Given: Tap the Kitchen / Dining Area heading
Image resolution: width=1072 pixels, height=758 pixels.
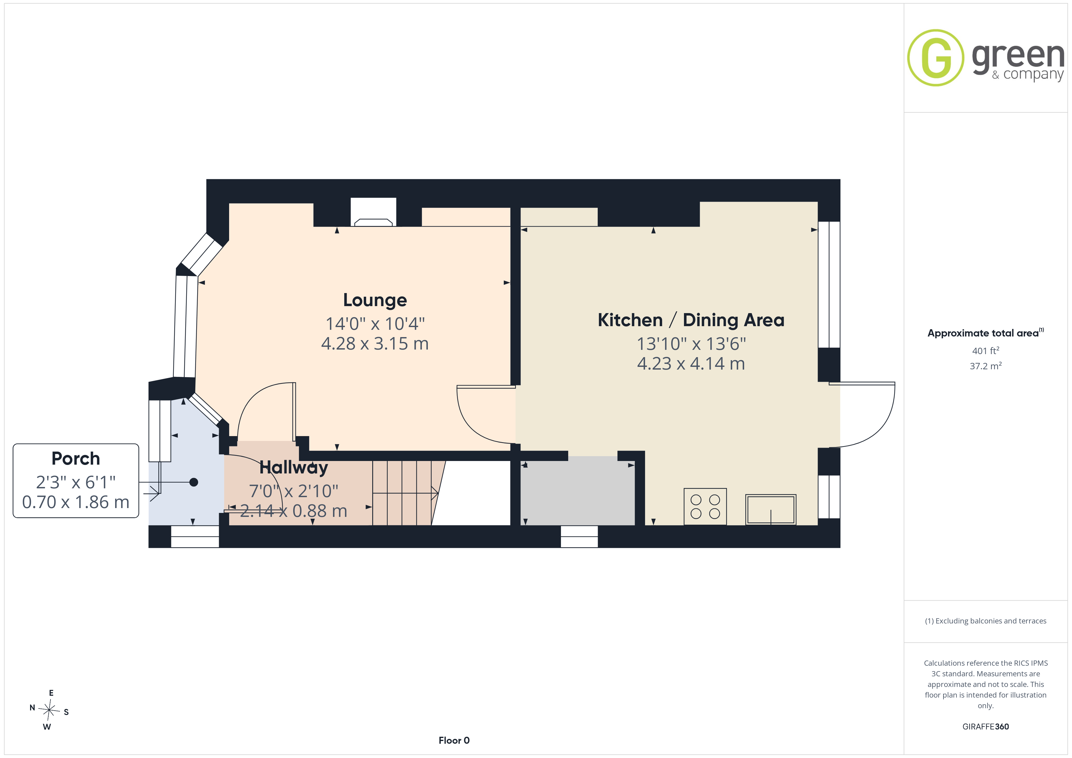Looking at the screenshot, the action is click(691, 320).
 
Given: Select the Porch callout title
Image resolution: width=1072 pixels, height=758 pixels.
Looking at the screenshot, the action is click(76, 459).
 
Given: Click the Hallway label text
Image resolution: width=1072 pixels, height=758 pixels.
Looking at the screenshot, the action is click(294, 467).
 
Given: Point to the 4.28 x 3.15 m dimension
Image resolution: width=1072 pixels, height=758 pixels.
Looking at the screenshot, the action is click(375, 343).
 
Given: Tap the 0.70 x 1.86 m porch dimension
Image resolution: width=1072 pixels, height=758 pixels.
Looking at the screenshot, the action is click(76, 502).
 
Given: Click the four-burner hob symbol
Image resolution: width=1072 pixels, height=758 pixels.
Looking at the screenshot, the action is click(705, 507).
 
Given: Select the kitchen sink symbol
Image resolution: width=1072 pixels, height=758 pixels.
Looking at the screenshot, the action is click(771, 510).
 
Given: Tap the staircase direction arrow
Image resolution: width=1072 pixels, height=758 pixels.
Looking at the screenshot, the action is click(405, 493).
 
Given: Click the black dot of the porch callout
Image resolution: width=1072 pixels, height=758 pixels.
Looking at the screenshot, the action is click(194, 482).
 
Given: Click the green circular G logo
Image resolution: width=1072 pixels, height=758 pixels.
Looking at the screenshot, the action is click(936, 58).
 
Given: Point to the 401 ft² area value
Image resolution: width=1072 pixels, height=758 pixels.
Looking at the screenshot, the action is click(986, 350).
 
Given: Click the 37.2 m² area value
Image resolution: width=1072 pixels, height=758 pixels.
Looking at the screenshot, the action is click(986, 366).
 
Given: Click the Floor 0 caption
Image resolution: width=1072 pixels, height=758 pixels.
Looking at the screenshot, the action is click(454, 740).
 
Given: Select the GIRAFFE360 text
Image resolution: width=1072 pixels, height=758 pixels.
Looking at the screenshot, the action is click(986, 727).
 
